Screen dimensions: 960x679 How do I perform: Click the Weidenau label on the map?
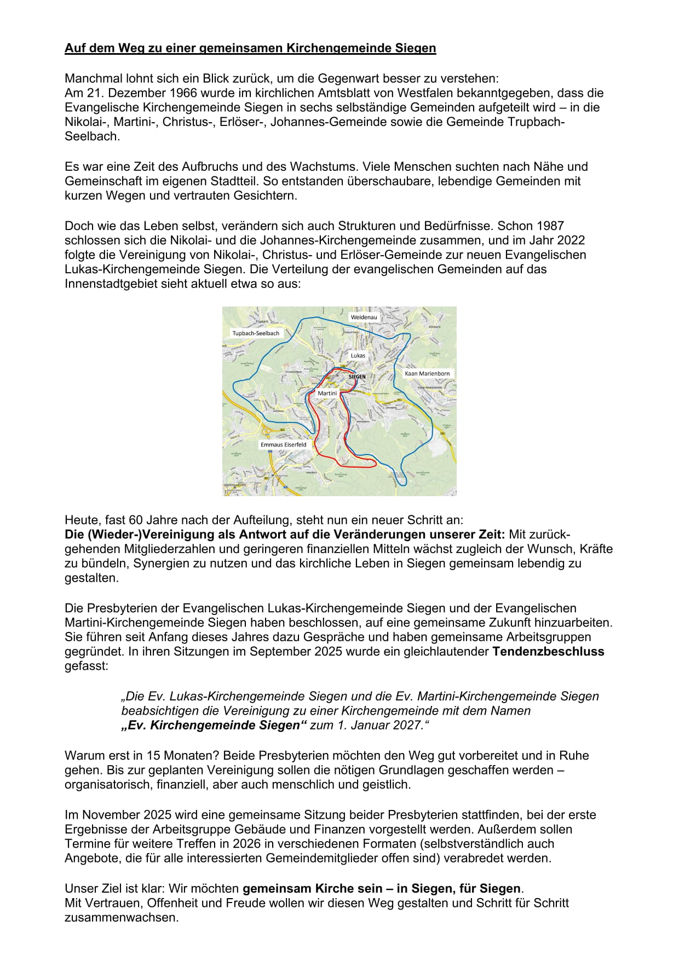364,317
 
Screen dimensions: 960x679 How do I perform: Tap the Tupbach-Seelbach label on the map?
256,333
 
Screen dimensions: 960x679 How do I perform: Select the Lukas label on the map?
358,355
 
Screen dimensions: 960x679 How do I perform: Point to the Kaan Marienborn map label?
427,373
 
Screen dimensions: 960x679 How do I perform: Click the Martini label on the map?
327,393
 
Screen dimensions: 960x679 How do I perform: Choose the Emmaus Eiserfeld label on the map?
283,445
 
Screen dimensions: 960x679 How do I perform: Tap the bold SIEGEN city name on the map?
357,377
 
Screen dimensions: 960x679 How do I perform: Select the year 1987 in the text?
550,226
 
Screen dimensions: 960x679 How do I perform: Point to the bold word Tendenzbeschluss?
548,652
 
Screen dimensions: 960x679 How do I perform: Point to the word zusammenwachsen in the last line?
121,917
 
